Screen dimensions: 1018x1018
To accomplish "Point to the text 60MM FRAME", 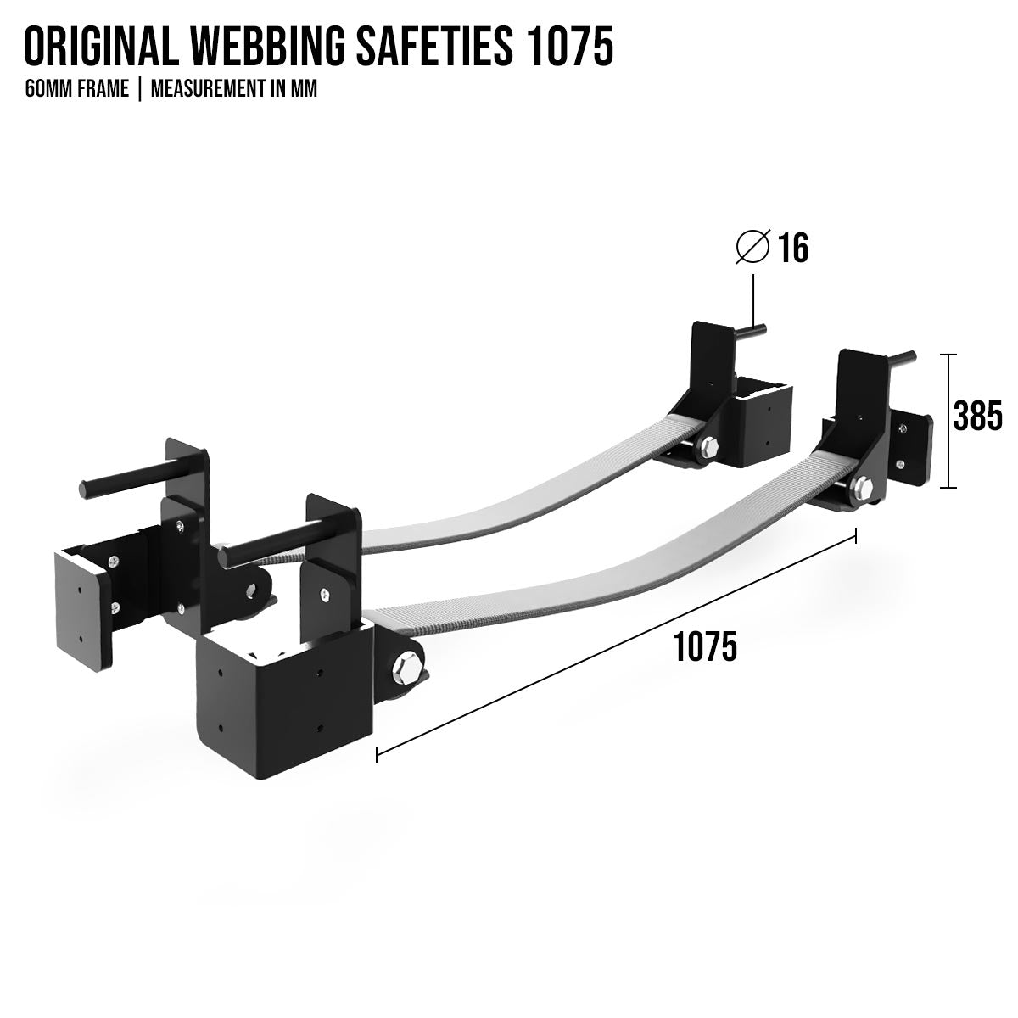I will [77, 89].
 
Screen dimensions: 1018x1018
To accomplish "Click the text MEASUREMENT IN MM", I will [234, 89].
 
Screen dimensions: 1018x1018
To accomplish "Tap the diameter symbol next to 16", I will [753, 247].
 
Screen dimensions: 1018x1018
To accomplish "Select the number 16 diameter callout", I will [793, 247].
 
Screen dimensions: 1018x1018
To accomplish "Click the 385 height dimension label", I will [977, 417].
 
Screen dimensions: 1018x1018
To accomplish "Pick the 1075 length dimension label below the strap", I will [705, 647].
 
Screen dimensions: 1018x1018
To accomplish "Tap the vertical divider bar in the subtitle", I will [140, 89].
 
